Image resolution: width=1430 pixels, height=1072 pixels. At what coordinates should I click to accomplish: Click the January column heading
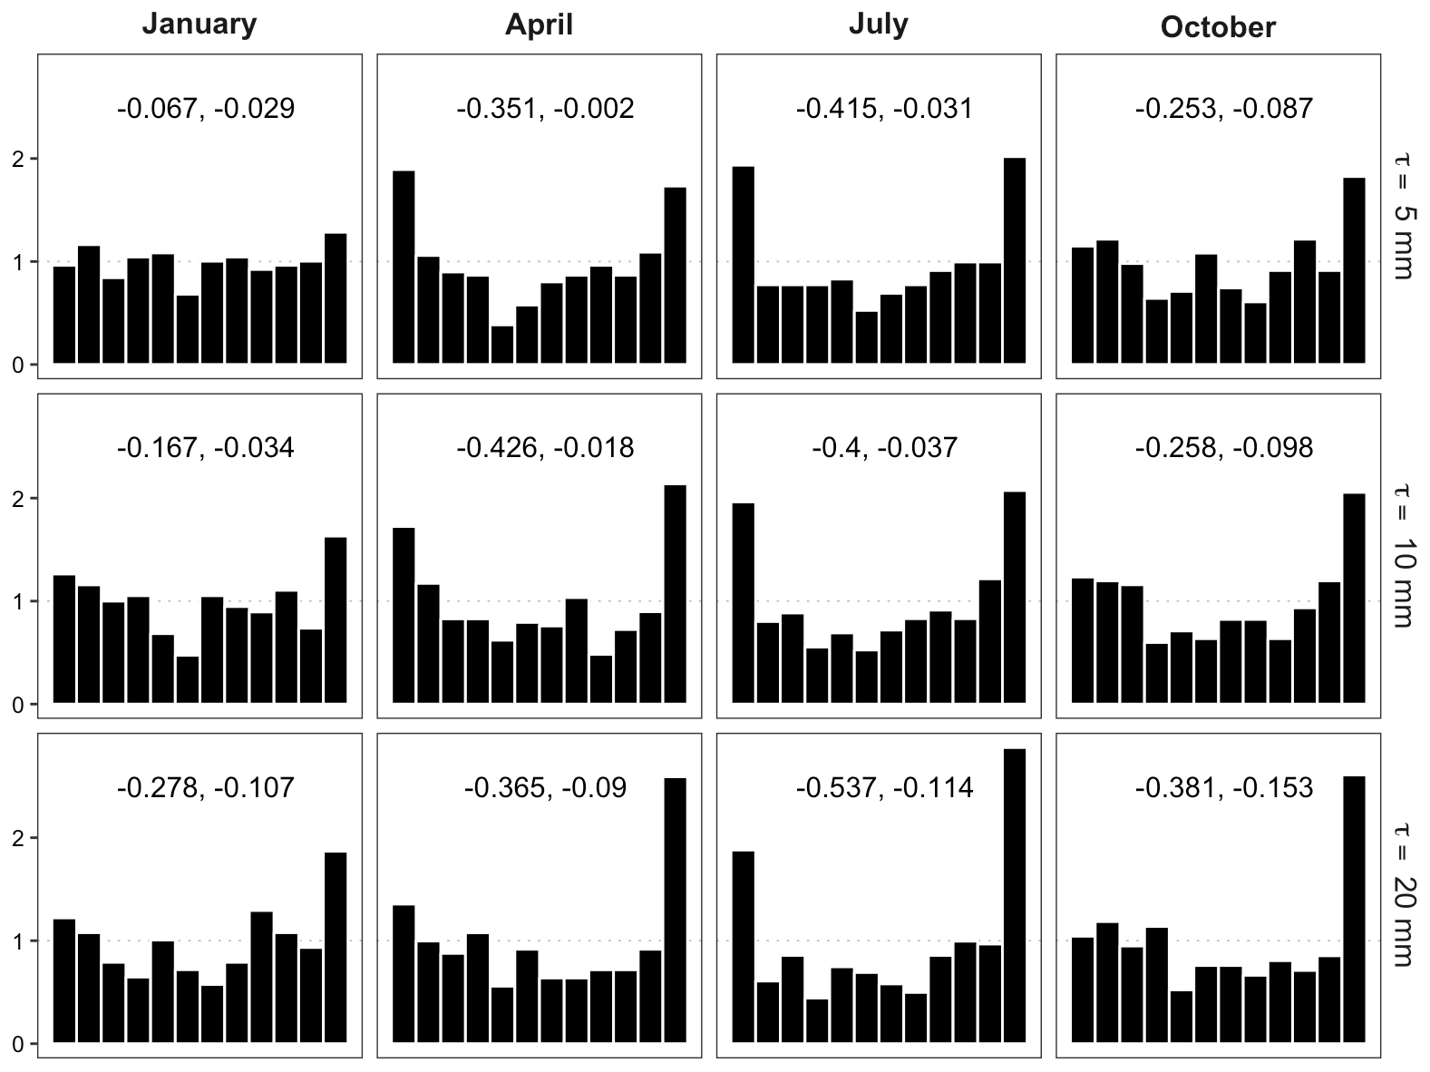pyautogui.click(x=199, y=24)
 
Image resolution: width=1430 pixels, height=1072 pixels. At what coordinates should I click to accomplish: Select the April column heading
pyautogui.click(x=539, y=24)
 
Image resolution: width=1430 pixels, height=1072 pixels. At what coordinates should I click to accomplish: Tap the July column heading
pyautogui.click(x=878, y=24)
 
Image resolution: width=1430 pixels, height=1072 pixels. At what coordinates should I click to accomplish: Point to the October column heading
pyautogui.click(x=1218, y=27)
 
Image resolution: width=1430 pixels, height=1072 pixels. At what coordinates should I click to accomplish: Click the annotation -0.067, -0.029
pyautogui.click(x=206, y=109)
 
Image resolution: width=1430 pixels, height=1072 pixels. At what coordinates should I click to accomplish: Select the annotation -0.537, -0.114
pyautogui.click(x=884, y=787)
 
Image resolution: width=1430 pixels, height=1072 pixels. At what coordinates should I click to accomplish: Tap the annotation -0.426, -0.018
pyautogui.click(x=545, y=448)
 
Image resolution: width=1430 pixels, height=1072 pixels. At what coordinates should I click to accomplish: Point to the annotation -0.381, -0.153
pyautogui.click(x=1223, y=787)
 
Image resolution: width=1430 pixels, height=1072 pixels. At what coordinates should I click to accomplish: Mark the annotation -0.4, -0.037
pyautogui.click(x=884, y=448)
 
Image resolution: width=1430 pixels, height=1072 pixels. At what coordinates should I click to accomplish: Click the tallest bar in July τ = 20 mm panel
pyautogui.click(x=1015, y=895)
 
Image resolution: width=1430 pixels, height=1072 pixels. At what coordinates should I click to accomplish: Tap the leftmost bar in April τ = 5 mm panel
pyautogui.click(x=404, y=268)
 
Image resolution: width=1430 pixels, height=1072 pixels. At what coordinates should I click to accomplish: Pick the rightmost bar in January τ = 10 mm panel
pyautogui.click(x=336, y=620)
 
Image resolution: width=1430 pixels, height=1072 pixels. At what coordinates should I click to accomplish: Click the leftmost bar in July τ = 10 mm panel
pyautogui.click(x=743, y=603)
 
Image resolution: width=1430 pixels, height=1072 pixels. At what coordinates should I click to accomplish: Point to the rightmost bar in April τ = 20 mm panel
pyautogui.click(x=675, y=910)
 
